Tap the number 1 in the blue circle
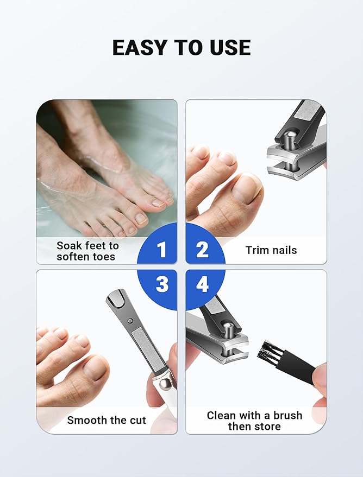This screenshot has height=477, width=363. [161, 250]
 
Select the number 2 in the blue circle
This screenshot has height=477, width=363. [202, 250]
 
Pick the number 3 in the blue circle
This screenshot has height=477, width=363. [162, 284]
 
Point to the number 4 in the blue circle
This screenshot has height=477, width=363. [202, 284]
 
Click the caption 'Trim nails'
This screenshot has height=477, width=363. [271, 250]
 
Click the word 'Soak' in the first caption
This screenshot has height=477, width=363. [69, 245]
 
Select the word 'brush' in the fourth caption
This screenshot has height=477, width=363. [286, 415]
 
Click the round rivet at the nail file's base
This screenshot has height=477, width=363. [166, 384]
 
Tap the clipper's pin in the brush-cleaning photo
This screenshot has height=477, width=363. [228, 330]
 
